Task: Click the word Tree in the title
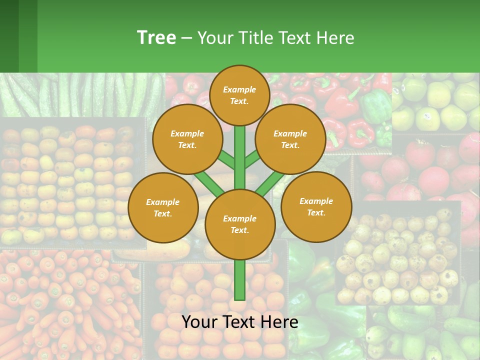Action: (156, 37)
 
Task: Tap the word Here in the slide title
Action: (335, 38)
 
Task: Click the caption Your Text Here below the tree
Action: (239, 322)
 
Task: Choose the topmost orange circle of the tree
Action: (239, 95)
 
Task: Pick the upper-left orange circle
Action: (187, 139)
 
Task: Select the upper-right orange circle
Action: (290, 139)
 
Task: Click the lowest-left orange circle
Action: (162, 207)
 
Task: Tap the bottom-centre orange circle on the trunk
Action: (239, 224)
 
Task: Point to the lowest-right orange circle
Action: (316, 206)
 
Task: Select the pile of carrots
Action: (65, 300)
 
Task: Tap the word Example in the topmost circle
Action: (239, 89)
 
